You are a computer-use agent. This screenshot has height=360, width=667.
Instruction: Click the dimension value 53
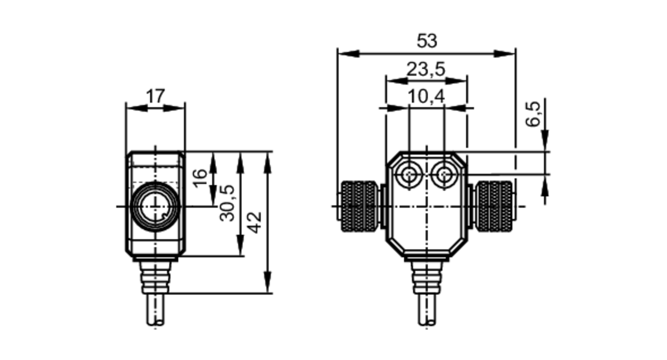click(x=427, y=41)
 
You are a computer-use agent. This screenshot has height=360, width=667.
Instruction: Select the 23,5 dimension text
click(x=426, y=69)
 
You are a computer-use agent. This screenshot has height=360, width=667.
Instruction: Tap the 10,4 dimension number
click(x=426, y=97)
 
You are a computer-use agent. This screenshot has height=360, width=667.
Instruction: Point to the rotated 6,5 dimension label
click(x=533, y=114)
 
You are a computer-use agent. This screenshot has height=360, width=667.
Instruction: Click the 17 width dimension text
click(x=155, y=96)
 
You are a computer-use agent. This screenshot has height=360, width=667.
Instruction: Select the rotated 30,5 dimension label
click(x=227, y=203)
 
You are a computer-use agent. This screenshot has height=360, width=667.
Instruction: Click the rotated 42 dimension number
click(x=255, y=222)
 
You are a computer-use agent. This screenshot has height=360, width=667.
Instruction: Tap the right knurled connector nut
click(x=494, y=206)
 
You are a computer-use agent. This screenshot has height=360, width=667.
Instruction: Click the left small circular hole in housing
click(x=409, y=174)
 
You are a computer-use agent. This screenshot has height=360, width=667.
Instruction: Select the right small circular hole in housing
click(x=444, y=174)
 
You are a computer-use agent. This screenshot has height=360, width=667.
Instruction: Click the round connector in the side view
click(x=155, y=206)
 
